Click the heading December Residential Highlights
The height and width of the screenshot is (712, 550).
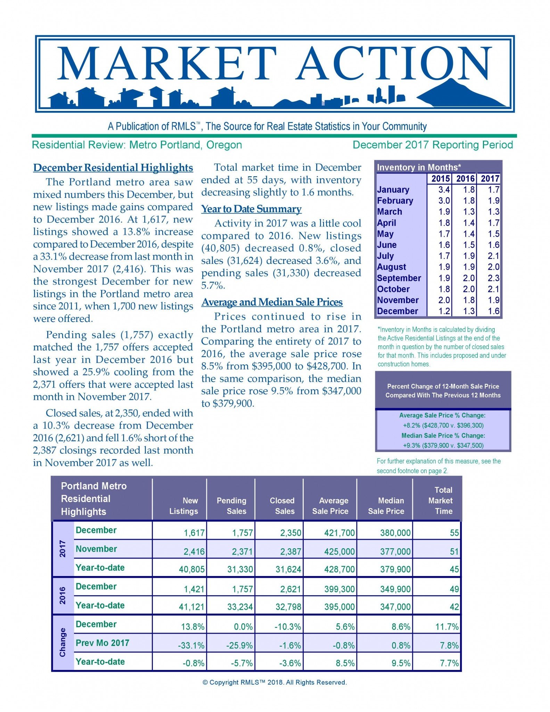[113, 168]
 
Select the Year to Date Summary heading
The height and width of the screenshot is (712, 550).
[251, 209]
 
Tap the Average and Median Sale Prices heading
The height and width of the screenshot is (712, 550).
[272, 302]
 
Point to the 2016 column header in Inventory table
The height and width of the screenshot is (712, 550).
[465, 179]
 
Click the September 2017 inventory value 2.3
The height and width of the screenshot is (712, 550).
[493, 278]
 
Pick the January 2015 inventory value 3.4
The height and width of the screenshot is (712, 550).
[444, 190]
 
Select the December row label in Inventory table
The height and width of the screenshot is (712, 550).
[397, 311]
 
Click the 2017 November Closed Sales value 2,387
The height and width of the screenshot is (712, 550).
[290, 552]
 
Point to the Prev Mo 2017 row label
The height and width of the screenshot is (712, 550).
[102, 643]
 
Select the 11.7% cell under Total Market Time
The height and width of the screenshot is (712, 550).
[447, 627]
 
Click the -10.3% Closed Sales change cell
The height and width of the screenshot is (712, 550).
[288, 627]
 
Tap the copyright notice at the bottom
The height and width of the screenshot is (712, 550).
[274, 682]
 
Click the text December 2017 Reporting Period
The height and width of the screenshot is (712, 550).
[433, 145]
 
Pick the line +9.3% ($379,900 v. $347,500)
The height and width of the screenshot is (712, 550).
[443, 445]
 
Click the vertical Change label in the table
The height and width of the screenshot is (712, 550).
[63, 642]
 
